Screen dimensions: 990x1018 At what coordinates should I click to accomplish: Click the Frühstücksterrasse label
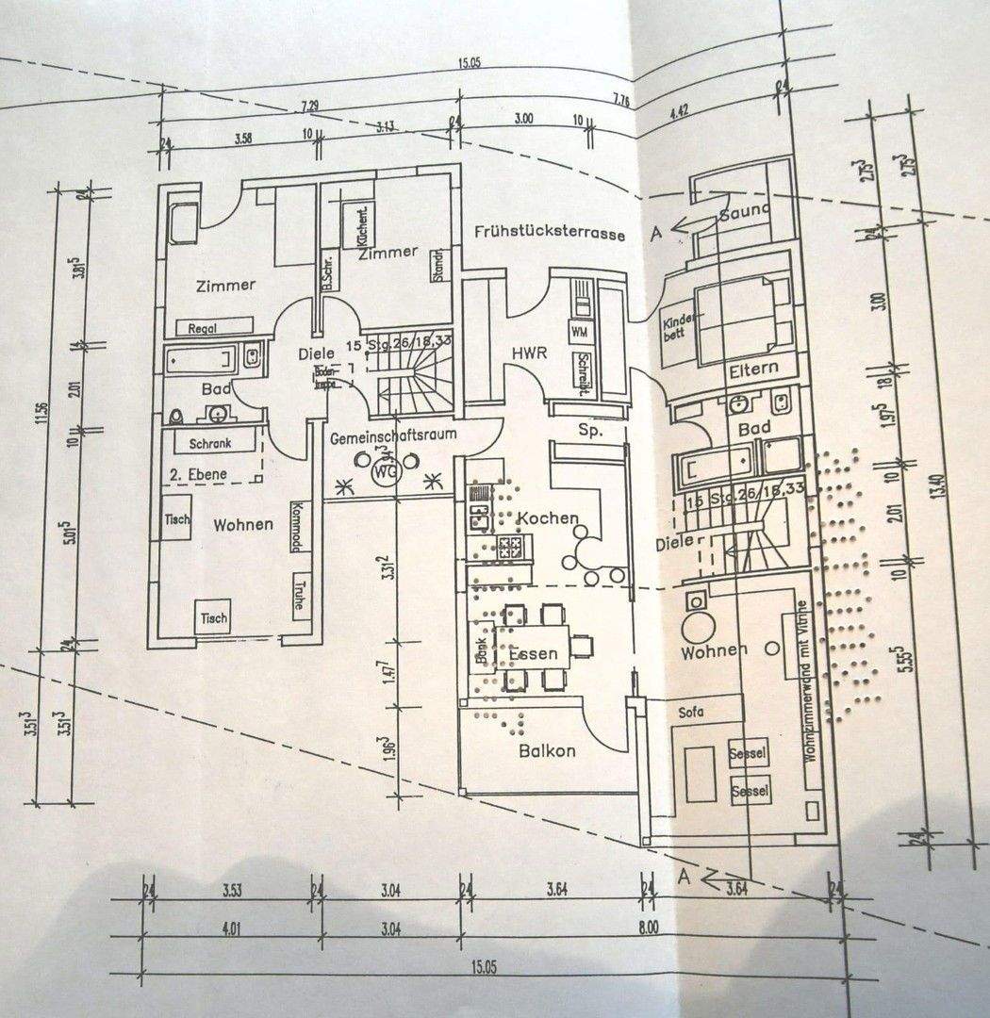pyautogui.click(x=550, y=233)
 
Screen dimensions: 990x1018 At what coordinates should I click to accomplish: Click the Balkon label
pyautogui.click(x=547, y=751)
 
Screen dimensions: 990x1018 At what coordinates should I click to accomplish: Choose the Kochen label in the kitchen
pyautogui.click(x=547, y=518)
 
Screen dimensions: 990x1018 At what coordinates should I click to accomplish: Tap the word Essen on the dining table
pyautogui.click(x=533, y=653)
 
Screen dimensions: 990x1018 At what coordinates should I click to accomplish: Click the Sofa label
pyautogui.click(x=689, y=712)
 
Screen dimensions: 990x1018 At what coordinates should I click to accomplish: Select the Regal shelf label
pyautogui.click(x=204, y=328)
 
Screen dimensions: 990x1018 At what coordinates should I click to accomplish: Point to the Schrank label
pyautogui.click(x=211, y=444)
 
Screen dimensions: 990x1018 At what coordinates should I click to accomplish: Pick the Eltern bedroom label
pyautogui.click(x=752, y=369)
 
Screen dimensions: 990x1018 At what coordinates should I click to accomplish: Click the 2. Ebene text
pyautogui.click(x=198, y=473)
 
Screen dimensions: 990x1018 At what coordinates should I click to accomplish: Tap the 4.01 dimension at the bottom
pyautogui.click(x=228, y=929)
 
